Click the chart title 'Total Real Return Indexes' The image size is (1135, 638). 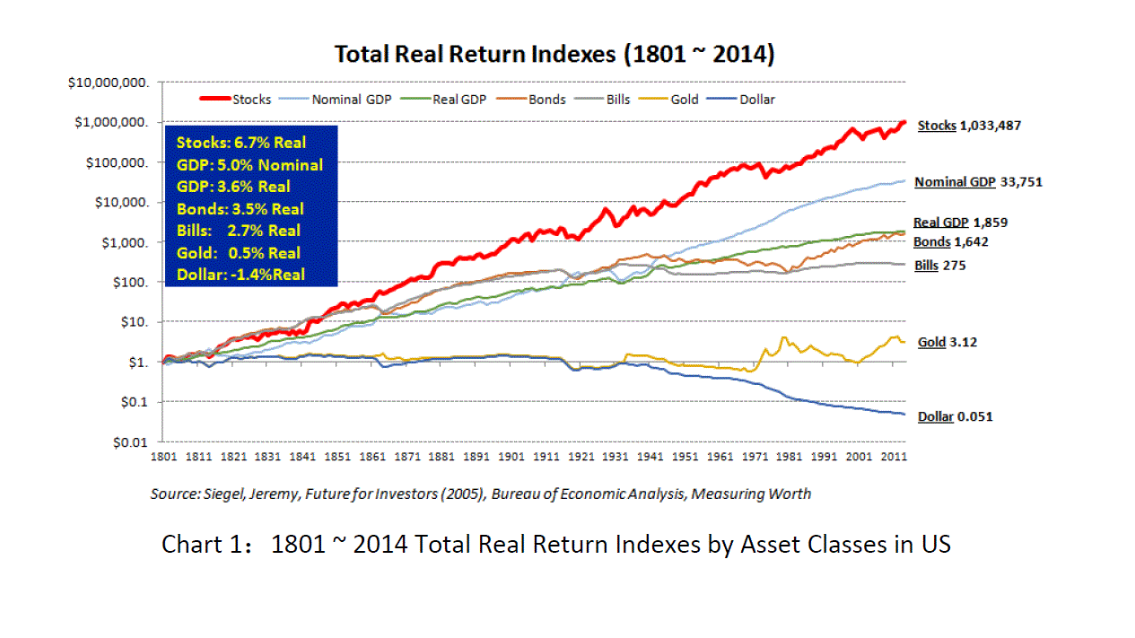coord(475,54)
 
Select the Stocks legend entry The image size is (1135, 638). coord(236,100)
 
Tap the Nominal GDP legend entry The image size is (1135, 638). coord(336,100)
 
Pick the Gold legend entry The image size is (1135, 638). coord(668,100)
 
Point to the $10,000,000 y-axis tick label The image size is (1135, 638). coord(109,83)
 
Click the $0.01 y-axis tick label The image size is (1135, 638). coord(130,443)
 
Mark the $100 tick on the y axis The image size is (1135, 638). coord(130,283)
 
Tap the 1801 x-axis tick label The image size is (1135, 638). coord(163,457)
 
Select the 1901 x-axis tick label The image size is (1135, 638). coord(511,457)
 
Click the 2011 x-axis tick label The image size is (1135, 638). coord(894,457)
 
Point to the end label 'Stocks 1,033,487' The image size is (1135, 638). coord(969,126)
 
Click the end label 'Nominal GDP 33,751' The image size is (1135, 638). coord(978,182)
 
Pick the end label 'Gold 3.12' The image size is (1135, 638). coord(947,343)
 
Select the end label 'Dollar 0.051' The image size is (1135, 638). coord(956,417)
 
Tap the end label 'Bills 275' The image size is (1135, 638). coord(940,266)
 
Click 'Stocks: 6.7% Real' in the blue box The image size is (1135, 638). coord(241,143)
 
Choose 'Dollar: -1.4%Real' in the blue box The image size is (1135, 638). coord(240,275)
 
